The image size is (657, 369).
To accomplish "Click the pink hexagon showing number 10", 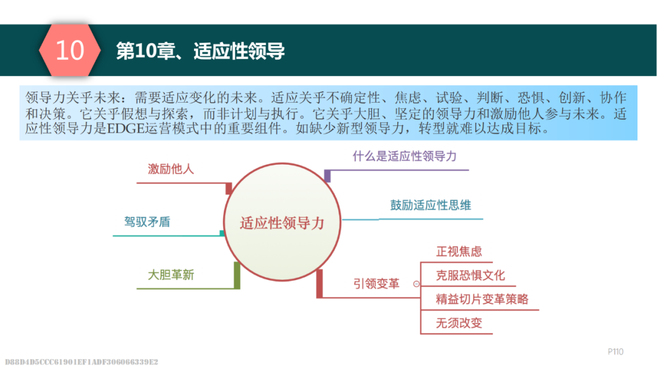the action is [69, 50].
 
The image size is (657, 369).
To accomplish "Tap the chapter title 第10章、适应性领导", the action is [200, 51].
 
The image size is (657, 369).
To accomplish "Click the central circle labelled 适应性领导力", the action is [282, 222].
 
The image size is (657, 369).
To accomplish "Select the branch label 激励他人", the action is [171, 169].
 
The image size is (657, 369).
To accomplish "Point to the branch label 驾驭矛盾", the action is [147, 221].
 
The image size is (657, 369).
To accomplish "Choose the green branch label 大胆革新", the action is [171, 275].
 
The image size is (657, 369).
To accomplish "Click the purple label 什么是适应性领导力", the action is [405, 156].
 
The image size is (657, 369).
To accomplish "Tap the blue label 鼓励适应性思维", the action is [431, 205].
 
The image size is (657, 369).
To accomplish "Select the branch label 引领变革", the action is [377, 284].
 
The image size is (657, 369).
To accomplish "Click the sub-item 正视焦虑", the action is [459, 251].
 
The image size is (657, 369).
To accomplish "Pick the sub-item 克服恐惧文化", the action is [470, 275].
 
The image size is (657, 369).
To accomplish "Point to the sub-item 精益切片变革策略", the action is [482, 299].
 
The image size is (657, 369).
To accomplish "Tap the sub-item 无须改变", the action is [459, 323].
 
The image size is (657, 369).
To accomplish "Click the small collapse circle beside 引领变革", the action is [416, 284].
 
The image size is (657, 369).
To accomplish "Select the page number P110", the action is [616, 352].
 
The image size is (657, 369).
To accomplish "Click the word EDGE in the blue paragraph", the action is [126, 129].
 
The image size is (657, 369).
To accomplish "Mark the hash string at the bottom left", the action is [82, 362].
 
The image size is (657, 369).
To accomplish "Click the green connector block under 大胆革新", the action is [237, 275].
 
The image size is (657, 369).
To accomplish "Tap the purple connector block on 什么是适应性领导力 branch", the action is [328, 176].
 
